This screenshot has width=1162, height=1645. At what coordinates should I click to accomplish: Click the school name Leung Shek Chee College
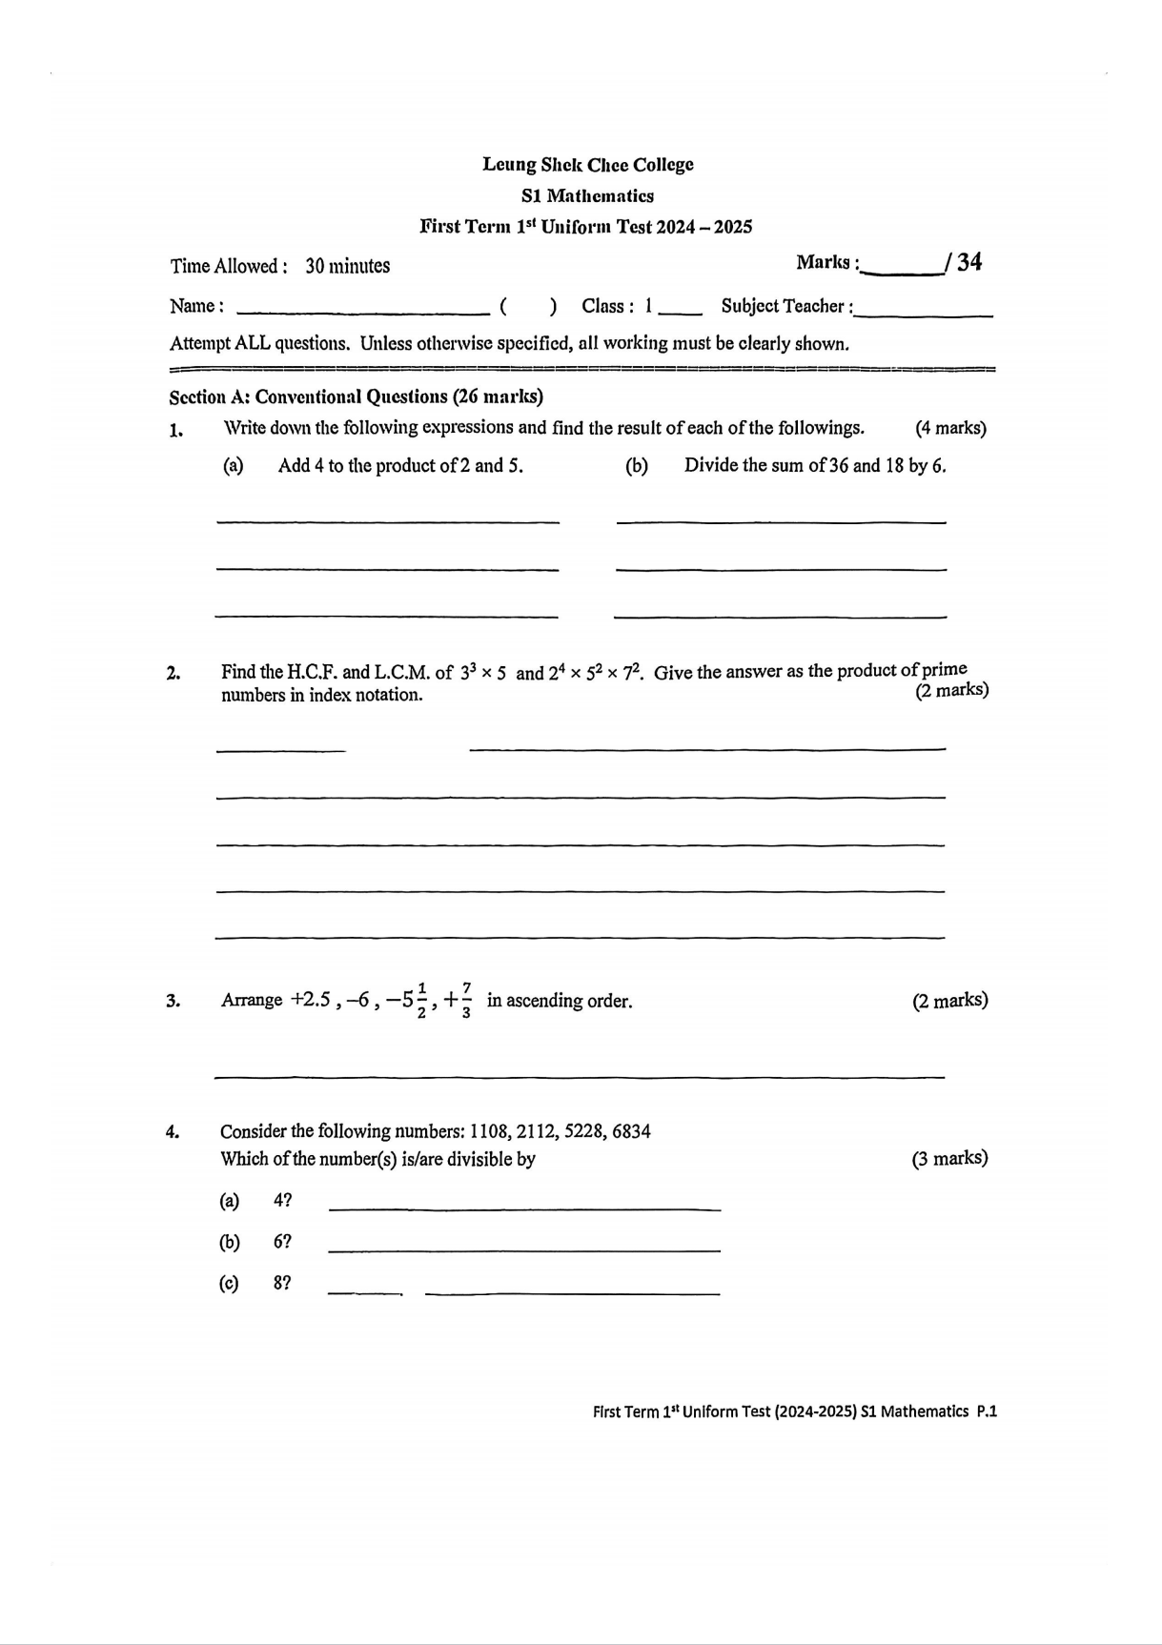pos(587,164)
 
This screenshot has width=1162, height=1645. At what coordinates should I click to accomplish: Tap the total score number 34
pos(968,262)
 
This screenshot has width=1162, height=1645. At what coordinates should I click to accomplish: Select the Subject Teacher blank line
pos(924,314)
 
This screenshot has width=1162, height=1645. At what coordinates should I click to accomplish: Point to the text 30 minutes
pos(347,266)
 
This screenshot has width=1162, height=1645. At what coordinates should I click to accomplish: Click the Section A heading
pos(356,396)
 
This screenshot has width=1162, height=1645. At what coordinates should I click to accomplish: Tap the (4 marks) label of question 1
pos(949,428)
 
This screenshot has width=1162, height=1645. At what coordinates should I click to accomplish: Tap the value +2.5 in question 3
pos(311,1000)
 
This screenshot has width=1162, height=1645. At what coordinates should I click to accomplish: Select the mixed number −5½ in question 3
pos(409,1000)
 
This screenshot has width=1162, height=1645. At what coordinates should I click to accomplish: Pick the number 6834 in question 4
pos(631,1131)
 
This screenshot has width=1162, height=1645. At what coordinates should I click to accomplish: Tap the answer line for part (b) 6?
pos(523,1249)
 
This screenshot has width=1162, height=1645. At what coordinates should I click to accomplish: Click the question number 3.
pos(173,1001)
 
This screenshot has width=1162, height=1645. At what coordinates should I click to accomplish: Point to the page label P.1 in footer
pos(987,1411)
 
